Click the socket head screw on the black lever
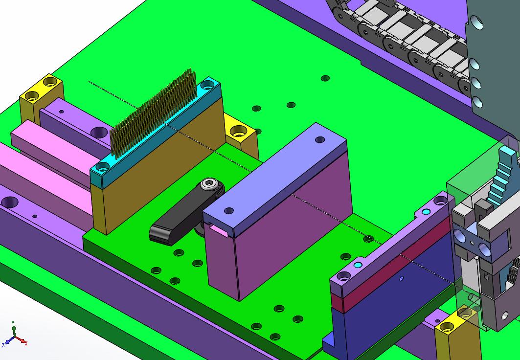(209, 184)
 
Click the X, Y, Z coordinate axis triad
(14, 335)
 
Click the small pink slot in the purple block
(218, 230)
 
